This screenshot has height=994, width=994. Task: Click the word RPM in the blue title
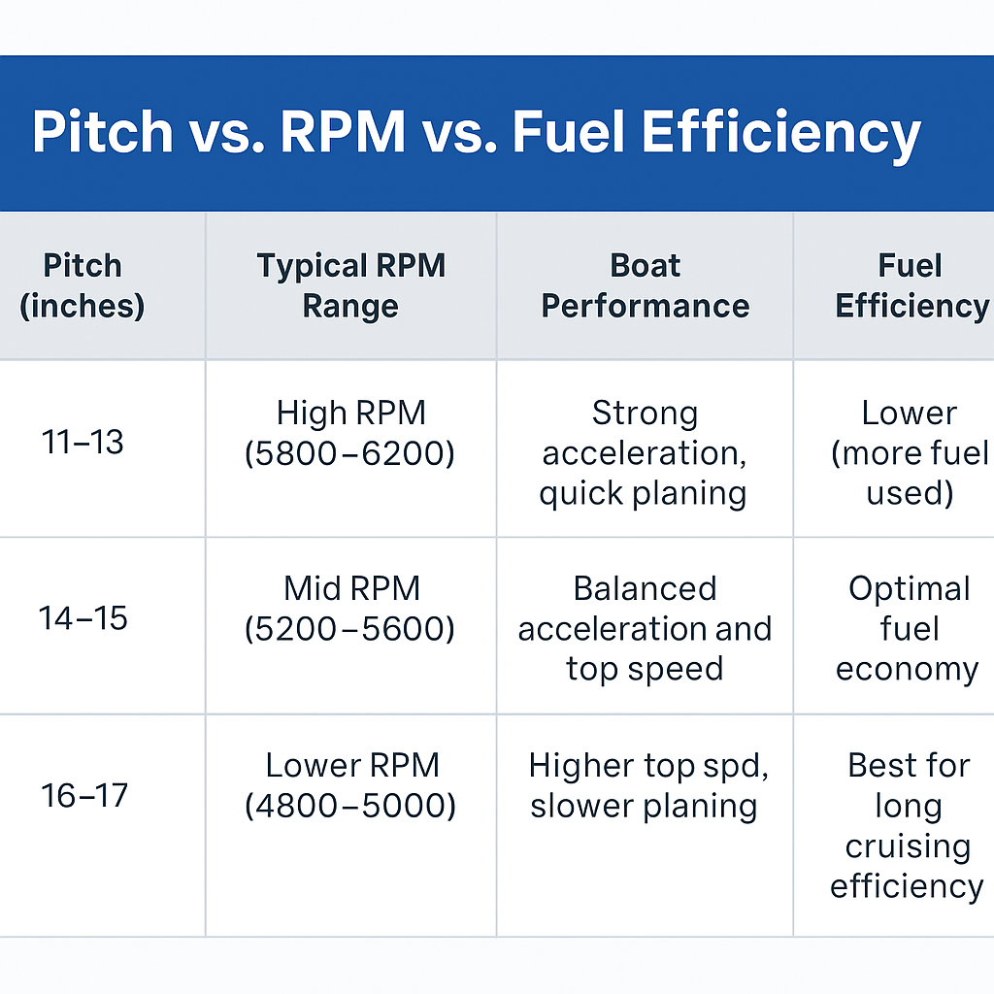(x=343, y=131)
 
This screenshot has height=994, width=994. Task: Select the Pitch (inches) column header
(x=83, y=285)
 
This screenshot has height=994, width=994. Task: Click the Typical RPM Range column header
(x=350, y=285)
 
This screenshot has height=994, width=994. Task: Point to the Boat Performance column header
(x=645, y=285)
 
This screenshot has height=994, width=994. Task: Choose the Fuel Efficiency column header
(x=911, y=285)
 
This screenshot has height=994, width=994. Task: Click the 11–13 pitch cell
(x=83, y=442)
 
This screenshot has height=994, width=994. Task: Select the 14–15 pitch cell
(x=83, y=618)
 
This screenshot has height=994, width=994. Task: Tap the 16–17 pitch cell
(x=83, y=795)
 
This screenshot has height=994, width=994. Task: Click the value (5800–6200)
(x=349, y=453)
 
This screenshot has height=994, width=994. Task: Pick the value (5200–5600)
(x=349, y=629)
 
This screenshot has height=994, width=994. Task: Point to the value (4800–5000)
(x=350, y=806)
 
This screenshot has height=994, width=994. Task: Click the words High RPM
(x=350, y=414)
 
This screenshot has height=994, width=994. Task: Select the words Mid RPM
(x=351, y=589)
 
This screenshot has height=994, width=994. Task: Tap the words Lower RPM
(x=352, y=765)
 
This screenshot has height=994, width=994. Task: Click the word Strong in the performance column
(x=645, y=414)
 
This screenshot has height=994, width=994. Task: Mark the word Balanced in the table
(x=645, y=589)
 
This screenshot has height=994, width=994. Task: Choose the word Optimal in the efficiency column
(x=909, y=590)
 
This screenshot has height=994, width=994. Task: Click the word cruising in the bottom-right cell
(x=908, y=846)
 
